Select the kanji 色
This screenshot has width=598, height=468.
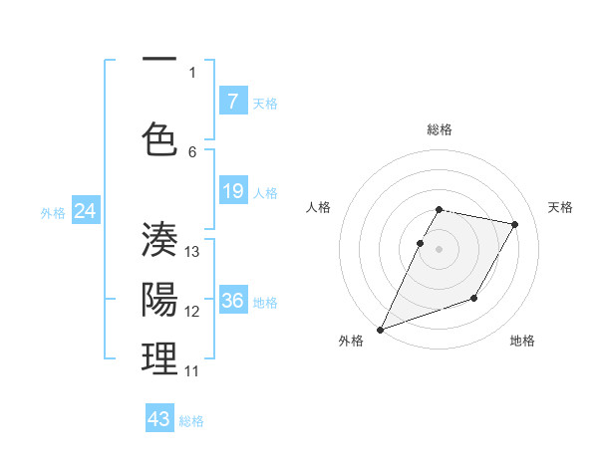point(159,139)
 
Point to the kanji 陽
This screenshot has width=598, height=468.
point(159,299)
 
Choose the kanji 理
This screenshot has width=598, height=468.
point(159,359)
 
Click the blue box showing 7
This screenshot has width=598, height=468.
point(232,102)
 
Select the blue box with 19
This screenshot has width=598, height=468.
point(232,191)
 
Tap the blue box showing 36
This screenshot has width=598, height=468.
point(232,301)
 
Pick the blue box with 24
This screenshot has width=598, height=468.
point(86,211)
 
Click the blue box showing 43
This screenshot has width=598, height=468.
point(159,419)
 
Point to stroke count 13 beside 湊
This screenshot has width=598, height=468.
point(192,251)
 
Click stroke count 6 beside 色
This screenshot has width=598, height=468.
point(192,151)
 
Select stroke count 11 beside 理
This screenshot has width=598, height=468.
point(192,370)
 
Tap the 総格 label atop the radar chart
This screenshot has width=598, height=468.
point(439,129)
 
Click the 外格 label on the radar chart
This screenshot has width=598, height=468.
point(351,341)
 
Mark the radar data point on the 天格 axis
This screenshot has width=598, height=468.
point(514,225)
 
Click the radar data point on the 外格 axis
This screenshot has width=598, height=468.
point(380,329)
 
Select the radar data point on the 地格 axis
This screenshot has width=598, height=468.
point(474,298)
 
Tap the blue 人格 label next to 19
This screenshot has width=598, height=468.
point(265,192)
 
